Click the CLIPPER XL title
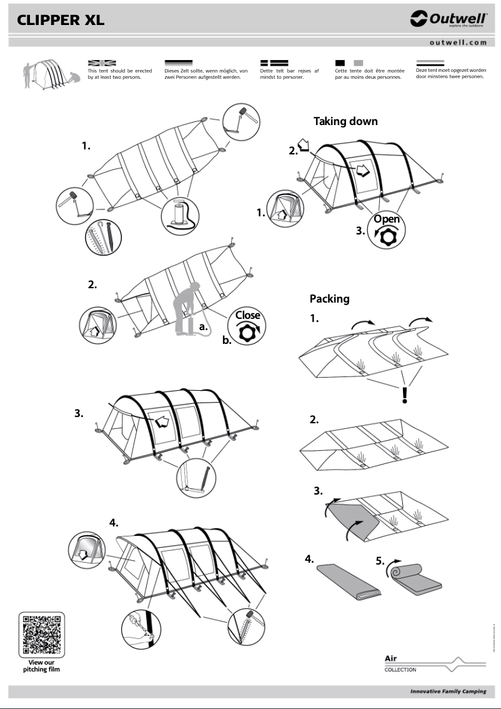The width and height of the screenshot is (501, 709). tap(61, 21)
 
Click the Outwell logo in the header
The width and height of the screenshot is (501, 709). tap(448, 19)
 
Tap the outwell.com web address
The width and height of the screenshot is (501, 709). tap(458, 43)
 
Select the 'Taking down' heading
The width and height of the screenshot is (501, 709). tap(345, 121)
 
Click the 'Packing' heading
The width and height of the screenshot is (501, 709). tap(329, 299)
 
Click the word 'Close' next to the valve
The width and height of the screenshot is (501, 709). tap(248, 315)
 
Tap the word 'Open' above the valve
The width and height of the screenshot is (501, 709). tap(387, 219)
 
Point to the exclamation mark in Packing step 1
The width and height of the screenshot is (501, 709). tap(405, 395)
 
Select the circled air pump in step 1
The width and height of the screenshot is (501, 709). tap(180, 216)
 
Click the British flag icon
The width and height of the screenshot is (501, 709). tap(102, 63)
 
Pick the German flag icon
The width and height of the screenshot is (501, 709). tap(178, 63)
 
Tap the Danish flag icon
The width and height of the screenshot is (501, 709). tap(274, 63)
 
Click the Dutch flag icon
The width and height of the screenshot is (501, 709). tap(430, 63)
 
